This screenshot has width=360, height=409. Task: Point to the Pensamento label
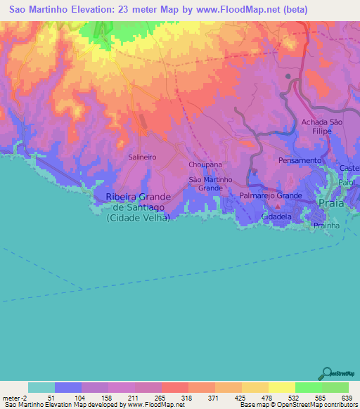[299, 161]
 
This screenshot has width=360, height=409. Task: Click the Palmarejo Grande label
[271, 195]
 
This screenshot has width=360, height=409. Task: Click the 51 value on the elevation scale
[51, 398]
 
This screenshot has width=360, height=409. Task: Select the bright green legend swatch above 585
[308, 387]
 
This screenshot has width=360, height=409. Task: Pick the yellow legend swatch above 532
[281, 387]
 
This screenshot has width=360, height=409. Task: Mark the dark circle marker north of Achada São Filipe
[288, 76]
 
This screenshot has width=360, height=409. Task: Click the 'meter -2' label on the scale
[15, 398]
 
